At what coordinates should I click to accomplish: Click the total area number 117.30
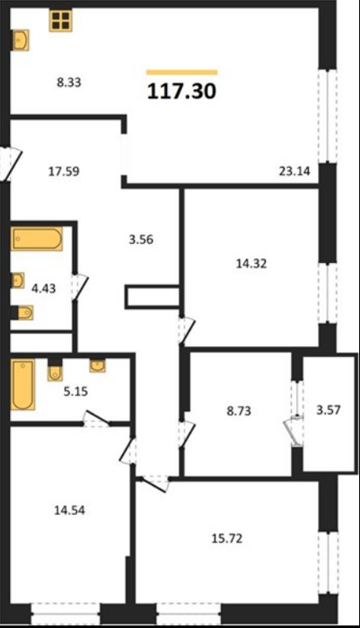[182, 92]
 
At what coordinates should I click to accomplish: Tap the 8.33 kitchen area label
[69, 83]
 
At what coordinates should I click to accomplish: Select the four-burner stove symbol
[60, 21]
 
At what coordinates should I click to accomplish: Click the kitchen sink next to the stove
[21, 40]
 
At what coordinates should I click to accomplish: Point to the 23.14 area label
[294, 171]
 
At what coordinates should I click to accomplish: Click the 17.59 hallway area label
[64, 171]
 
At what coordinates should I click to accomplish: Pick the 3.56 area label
[141, 240]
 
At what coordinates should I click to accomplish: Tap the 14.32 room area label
[251, 264]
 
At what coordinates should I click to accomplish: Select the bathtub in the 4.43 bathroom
[37, 239]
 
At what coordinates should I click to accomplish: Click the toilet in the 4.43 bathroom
[22, 312]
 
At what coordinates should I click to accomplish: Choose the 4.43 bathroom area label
[43, 288]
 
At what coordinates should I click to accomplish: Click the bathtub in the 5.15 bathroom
[22, 384]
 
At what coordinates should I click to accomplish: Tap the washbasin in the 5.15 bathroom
[98, 365]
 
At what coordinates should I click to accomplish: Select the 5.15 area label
[75, 391]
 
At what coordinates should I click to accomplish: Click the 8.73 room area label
[239, 411]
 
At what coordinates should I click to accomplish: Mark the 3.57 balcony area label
[329, 410]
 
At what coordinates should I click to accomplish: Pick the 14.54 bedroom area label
[70, 510]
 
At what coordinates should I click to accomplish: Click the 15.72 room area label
[227, 538]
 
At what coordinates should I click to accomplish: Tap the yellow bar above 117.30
[182, 73]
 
